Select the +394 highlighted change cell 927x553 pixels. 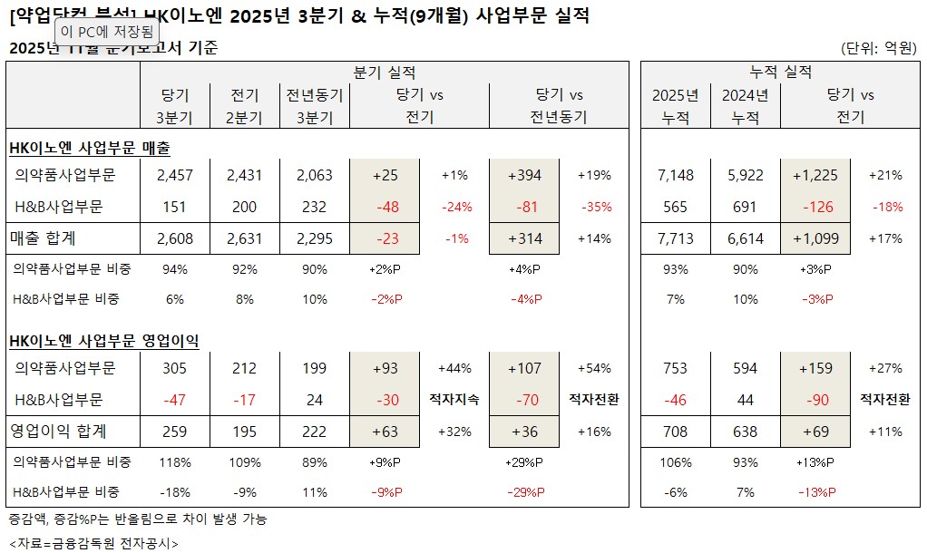click(x=523, y=175)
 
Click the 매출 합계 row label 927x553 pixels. click(x=43, y=238)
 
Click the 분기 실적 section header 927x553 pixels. click(x=384, y=73)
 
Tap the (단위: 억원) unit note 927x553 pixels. click(x=879, y=48)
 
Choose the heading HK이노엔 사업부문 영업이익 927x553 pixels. click(x=103, y=341)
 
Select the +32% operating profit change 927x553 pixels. click(x=454, y=432)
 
